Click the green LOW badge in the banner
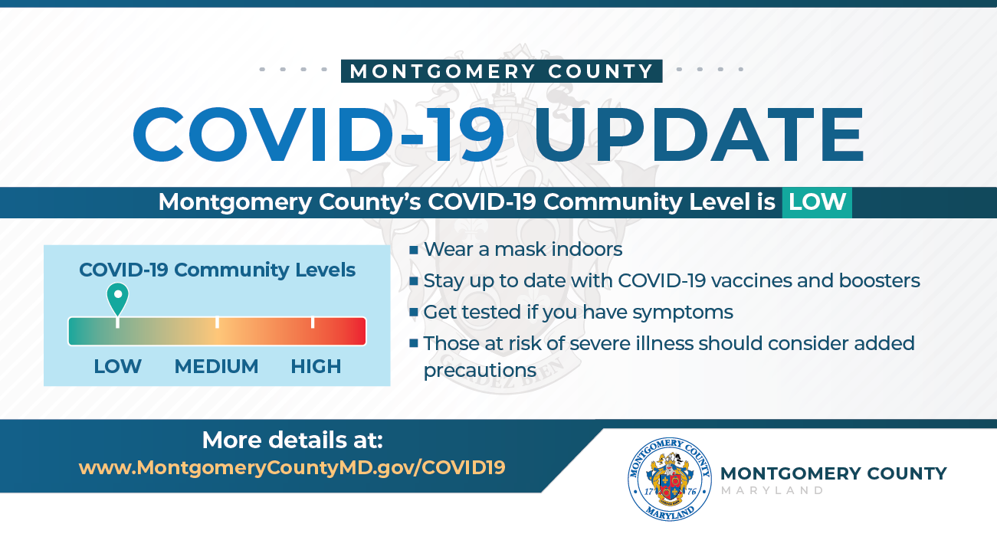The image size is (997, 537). pyautogui.click(x=817, y=202)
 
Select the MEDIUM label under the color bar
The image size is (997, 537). pyautogui.click(x=216, y=367)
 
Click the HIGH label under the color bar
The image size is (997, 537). pyautogui.click(x=316, y=367)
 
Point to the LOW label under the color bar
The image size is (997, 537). pyautogui.click(x=117, y=367)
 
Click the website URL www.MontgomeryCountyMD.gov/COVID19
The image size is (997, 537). pyautogui.click(x=292, y=467)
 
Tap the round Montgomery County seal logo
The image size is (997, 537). pyautogui.click(x=670, y=479)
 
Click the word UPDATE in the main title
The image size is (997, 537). pyautogui.click(x=699, y=134)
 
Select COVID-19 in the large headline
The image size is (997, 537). pyautogui.click(x=319, y=134)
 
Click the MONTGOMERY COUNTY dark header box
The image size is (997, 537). pyautogui.click(x=502, y=71)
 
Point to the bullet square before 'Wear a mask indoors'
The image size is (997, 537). pyautogui.click(x=414, y=250)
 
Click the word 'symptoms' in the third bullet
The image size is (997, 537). pyautogui.click(x=683, y=313)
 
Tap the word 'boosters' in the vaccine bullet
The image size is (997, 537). pyautogui.click(x=880, y=280)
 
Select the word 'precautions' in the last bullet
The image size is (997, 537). pyautogui.click(x=480, y=371)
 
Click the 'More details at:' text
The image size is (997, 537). pyautogui.click(x=293, y=440)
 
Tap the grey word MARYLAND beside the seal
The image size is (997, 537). pyautogui.click(x=772, y=490)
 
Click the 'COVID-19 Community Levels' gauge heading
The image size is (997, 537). pyautogui.click(x=217, y=270)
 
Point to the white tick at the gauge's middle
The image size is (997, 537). pyautogui.click(x=217, y=322)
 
